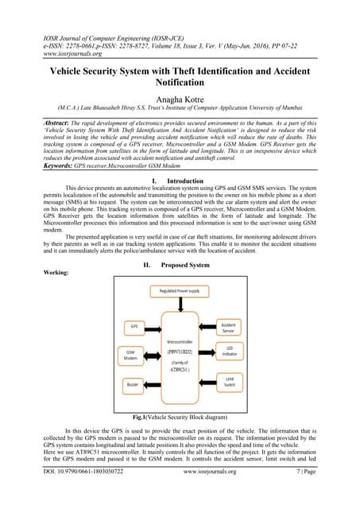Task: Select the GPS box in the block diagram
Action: click(x=133, y=326)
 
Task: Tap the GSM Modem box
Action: click(x=131, y=355)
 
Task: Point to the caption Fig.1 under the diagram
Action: click(x=180, y=417)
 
